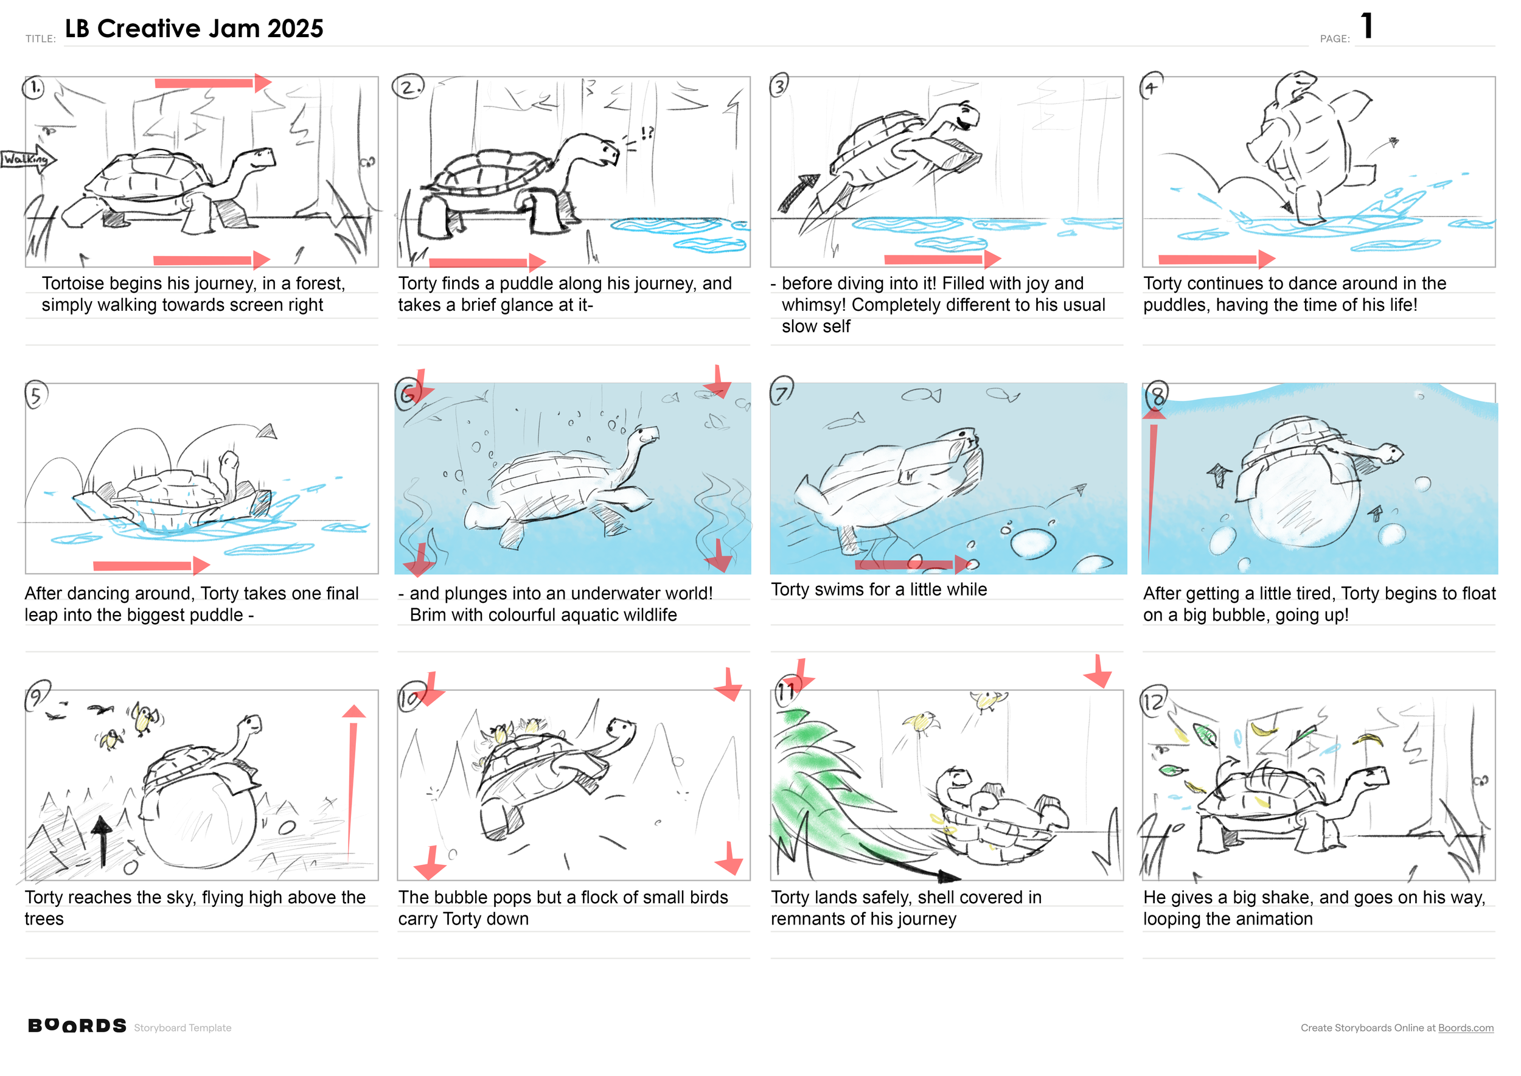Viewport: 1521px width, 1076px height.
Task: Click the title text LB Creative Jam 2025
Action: (194, 29)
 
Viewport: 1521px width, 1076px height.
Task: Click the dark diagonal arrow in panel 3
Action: (799, 193)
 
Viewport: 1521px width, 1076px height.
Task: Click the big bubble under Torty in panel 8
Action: (1304, 501)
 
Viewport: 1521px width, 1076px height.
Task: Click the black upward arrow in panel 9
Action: (102, 841)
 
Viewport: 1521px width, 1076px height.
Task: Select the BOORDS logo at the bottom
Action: (77, 1026)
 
